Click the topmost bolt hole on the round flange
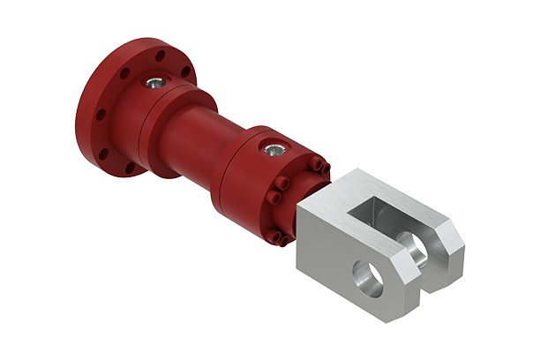point(160,56)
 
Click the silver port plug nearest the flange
point(155,84)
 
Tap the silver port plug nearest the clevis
point(273,150)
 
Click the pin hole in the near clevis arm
point(369,276)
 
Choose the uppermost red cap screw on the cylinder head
point(316,161)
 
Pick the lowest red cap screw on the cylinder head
point(275,236)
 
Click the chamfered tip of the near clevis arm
point(408,282)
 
